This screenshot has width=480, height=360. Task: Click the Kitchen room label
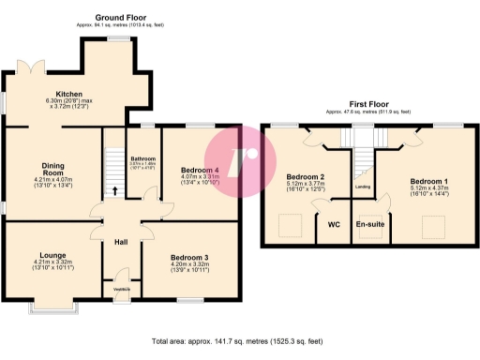tap(69, 95)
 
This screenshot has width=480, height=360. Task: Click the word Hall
tap(120, 242)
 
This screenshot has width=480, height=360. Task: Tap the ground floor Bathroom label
tap(142, 159)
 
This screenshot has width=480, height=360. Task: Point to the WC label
tap(333, 225)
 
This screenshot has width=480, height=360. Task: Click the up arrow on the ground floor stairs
tap(115, 191)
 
